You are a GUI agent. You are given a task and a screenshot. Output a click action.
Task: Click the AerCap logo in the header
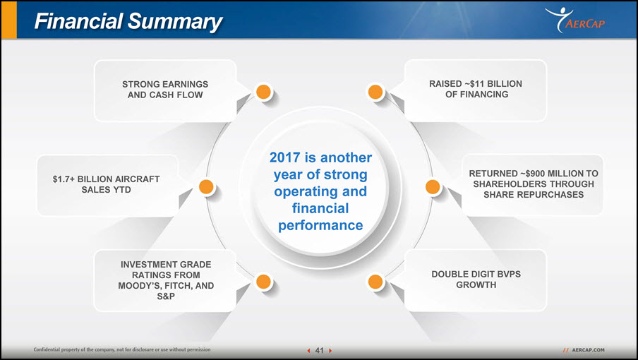[575, 20]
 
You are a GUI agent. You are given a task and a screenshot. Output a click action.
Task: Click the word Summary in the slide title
[175, 22]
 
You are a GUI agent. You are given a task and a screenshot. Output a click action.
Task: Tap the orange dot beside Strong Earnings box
[264, 92]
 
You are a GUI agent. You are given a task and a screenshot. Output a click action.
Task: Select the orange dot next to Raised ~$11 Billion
[375, 92]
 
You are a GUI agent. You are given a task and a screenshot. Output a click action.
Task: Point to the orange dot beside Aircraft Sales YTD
[206, 187]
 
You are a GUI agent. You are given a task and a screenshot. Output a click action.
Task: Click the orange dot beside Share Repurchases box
[433, 187]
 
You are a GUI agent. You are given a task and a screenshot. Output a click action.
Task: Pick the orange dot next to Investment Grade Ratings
[264, 282]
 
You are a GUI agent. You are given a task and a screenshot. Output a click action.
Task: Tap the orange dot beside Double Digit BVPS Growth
[375, 282]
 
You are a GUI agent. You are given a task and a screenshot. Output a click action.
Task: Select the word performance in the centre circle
[320, 225]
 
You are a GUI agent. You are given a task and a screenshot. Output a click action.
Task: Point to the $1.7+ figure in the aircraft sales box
[64, 179]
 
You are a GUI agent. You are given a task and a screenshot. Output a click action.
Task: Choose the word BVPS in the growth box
[508, 274]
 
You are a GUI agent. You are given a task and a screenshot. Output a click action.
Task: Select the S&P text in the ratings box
[166, 296]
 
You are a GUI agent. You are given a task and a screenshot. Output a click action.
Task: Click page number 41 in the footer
[320, 350]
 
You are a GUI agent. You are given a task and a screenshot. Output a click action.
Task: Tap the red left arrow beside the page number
[309, 350]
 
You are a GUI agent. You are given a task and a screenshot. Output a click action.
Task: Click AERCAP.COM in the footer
[588, 350]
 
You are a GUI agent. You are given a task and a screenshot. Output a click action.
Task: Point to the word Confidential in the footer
[47, 349]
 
